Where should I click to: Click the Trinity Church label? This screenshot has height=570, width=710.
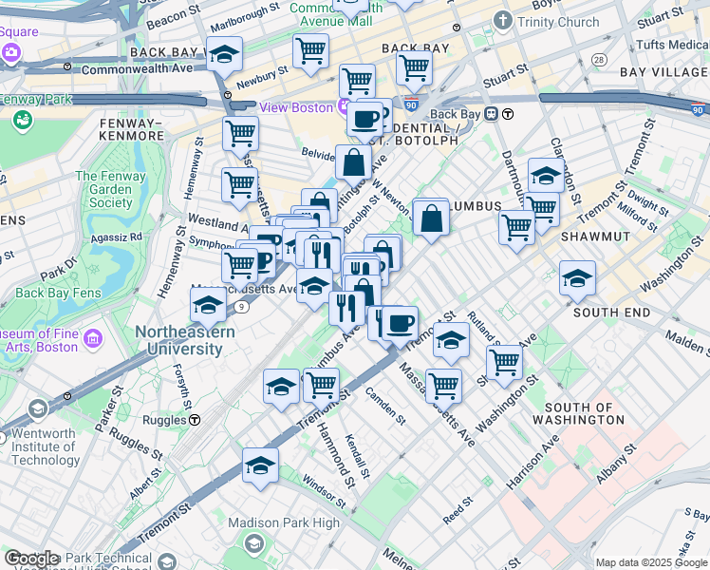coord(559,22)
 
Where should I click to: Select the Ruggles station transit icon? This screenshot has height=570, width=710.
coord(194,419)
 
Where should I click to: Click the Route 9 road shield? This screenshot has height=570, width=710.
coord(243,306)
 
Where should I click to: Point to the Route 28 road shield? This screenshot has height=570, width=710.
coord(598,60)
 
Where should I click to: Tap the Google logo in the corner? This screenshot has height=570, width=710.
coord(31,559)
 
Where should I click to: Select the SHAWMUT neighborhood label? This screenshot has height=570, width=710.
coord(594,236)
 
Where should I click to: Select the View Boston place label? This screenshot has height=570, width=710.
coord(297,107)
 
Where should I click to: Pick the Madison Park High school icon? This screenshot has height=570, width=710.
coord(254,543)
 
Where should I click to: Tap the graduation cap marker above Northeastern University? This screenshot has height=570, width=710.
coord(208,305)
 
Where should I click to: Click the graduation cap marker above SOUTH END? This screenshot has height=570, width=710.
coord(577,278)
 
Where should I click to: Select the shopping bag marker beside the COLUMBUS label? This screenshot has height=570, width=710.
coord(431,218)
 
